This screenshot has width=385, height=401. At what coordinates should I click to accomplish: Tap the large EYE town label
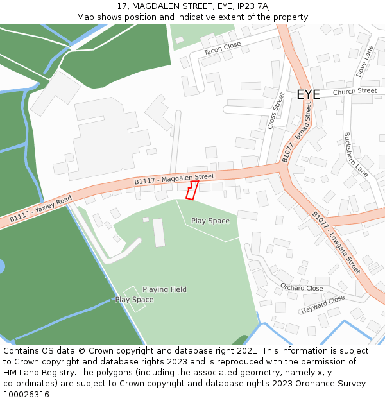click(308, 95)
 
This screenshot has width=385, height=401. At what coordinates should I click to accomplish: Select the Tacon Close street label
click(222, 48)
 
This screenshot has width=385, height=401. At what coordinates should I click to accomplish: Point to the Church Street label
click(355, 91)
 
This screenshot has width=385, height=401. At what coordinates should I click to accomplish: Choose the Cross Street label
click(275, 111)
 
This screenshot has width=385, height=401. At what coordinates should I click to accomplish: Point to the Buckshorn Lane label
click(355, 155)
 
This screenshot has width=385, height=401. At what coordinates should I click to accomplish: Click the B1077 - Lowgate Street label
click(336, 243)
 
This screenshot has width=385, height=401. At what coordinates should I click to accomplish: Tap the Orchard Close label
click(302, 288)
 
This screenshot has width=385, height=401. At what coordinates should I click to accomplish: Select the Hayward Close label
click(323, 304)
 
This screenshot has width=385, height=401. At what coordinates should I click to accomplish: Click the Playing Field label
click(164, 289)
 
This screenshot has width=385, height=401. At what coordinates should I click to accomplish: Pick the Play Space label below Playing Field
click(134, 300)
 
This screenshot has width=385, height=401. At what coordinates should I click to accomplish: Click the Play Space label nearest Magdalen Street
click(210, 221)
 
